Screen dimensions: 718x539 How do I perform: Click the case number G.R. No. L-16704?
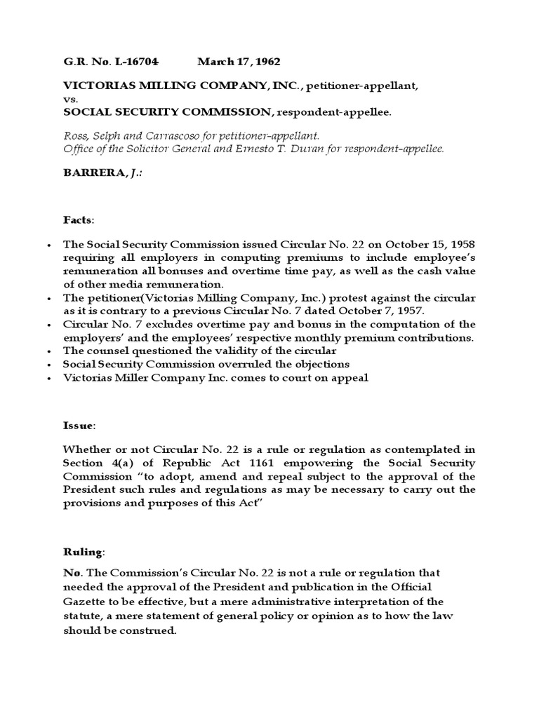[107, 62]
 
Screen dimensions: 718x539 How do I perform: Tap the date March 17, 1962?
[234, 62]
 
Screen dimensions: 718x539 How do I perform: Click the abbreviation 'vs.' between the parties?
[70, 99]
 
